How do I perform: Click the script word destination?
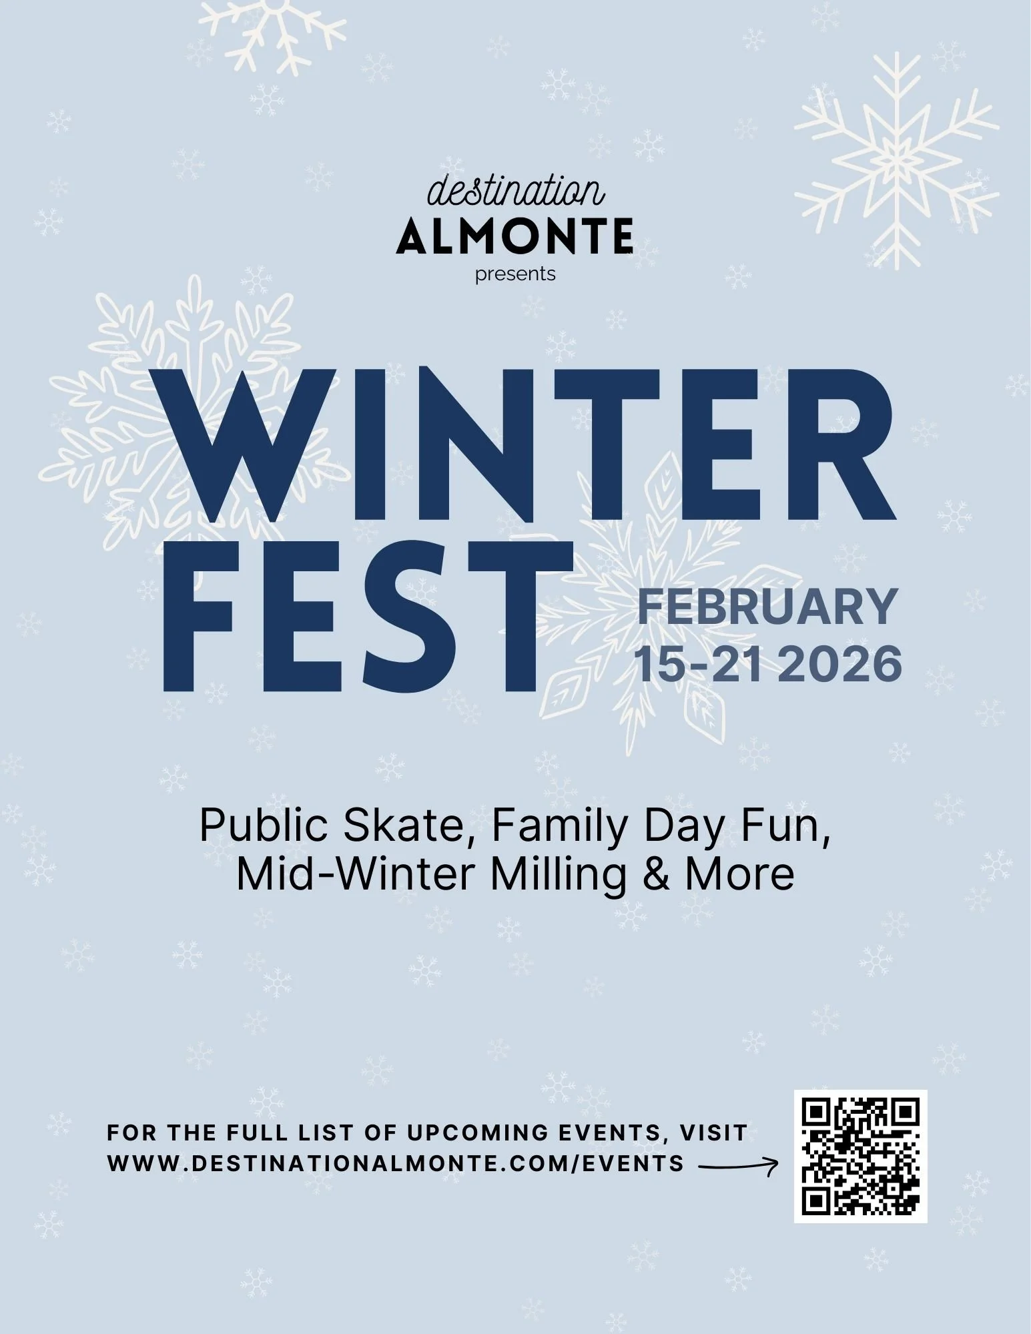pyautogui.click(x=516, y=192)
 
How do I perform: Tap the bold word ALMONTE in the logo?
pyautogui.click(x=514, y=237)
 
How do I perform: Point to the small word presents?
pyautogui.click(x=515, y=274)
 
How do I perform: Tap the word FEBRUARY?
pyautogui.click(x=767, y=607)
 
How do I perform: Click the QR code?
pyautogui.click(x=860, y=1156)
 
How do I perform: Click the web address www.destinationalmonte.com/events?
pyautogui.click(x=395, y=1163)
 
